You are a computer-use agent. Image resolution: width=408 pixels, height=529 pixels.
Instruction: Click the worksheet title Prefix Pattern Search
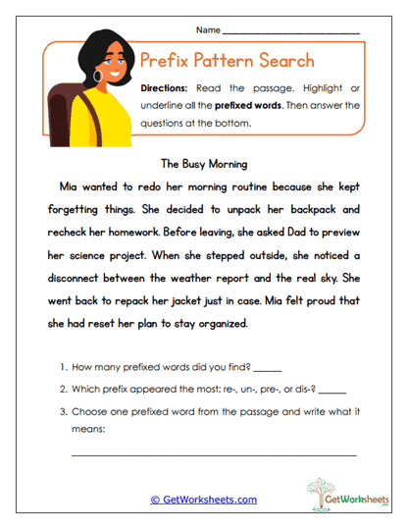pyautogui.click(x=227, y=60)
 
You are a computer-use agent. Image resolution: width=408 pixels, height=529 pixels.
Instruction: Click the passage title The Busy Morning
pyautogui.click(x=203, y=164)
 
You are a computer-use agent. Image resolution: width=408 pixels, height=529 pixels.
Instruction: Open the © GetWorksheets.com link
pyautogui.click(x=203, y=500)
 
